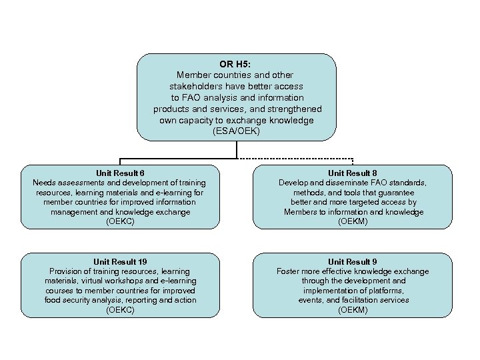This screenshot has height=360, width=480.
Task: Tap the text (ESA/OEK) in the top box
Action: pyautogui.click(x=237, y=131)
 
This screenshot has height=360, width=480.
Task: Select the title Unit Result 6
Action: pyautogui.click(x=119, y=173)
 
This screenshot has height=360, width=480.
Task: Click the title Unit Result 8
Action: pyautogui.click(x=353, y=173)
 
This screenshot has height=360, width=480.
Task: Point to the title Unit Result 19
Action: pyautogui.click(x=119, y=261)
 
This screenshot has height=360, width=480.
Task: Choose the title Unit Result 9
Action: pyautogui.click(x=353, y=261)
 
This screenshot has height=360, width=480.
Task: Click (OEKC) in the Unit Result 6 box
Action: pyautogui.click(x=119, y=221)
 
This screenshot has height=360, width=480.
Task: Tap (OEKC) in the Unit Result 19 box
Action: pyautogui.click(x=119, y=310)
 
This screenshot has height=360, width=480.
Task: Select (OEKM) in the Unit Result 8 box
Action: pyautogui.click(x=353, y=221)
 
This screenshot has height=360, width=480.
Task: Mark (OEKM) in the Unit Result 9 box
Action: pyautogui.click(x=353, y=310)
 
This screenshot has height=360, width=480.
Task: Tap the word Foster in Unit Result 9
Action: pyautogui.click(x=289, y=271)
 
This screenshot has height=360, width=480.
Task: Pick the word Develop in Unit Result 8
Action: pyautogui.click(x=294, y=183)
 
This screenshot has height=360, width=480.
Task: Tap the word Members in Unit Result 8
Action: pyautogui.click(x=300, y=212)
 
